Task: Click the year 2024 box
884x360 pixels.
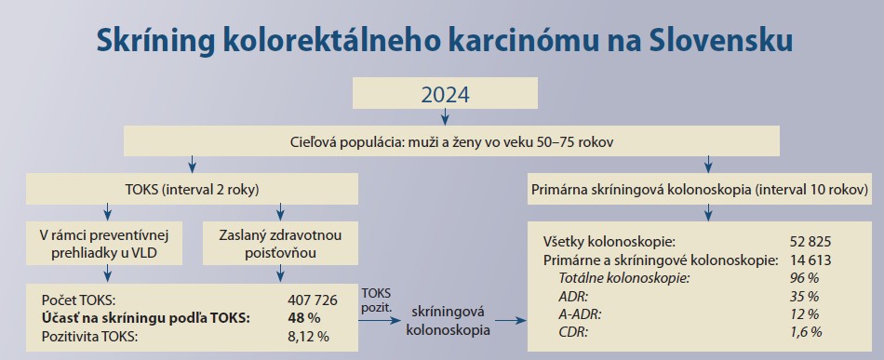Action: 445,93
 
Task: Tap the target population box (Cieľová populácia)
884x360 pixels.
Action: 451,140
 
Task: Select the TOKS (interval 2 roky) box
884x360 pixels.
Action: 192,189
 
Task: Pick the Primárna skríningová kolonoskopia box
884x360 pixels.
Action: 699,189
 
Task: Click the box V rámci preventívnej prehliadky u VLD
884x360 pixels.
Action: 104,244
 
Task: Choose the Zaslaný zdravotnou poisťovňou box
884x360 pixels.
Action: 280,244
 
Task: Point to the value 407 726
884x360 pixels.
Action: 313,300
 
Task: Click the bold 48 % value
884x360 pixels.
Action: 304,318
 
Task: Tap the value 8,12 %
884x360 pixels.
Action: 308,337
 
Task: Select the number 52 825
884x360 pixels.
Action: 810,242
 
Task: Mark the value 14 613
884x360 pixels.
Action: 810,260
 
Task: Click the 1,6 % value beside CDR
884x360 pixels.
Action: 806,332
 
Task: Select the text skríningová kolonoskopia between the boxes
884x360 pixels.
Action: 448,321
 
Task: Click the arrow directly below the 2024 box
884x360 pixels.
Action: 445,116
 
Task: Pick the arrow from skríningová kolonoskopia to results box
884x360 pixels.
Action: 510,321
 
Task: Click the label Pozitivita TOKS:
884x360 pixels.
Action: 90,337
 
